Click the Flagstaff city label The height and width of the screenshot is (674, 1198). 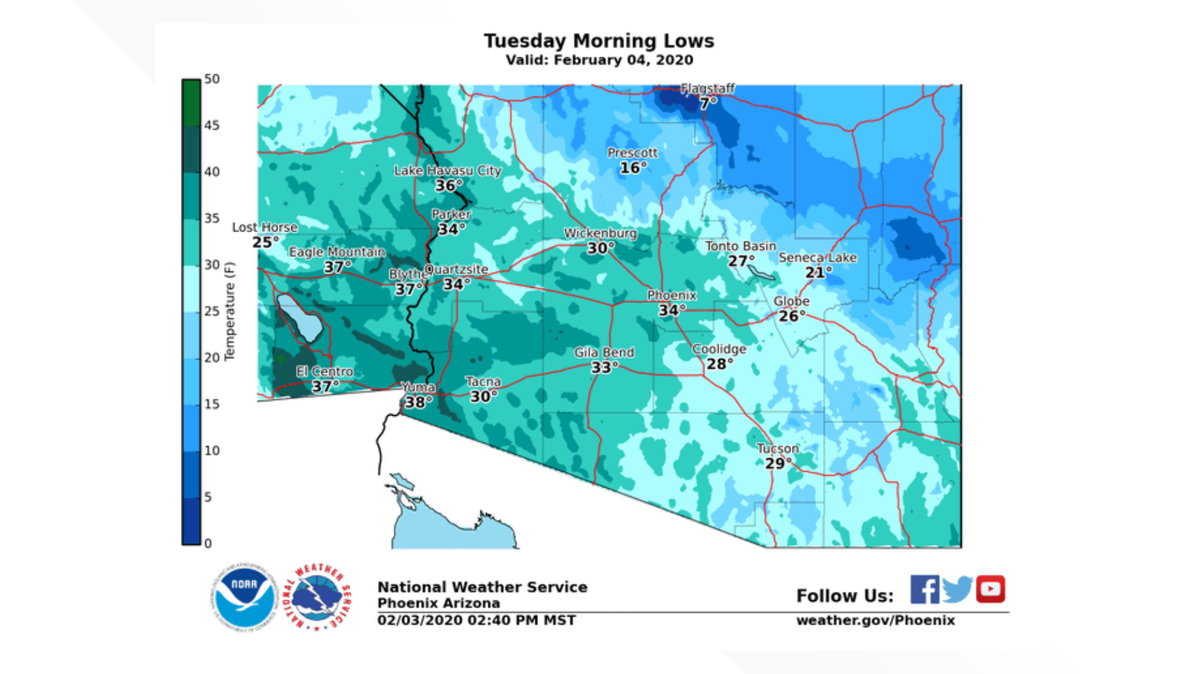coord(708,89)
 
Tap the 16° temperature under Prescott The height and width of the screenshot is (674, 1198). coord(633,168)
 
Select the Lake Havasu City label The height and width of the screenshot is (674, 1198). coord(447,170)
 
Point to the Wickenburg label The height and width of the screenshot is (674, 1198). coord(600,233)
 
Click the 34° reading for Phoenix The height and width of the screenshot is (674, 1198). coord(671,310)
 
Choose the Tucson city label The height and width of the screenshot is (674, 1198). coord(777,448)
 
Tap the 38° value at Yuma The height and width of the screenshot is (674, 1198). coord(418,403)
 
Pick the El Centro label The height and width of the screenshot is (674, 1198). coord(324,371)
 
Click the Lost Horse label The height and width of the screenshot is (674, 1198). coord(265,227)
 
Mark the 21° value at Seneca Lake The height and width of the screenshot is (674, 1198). coord(817,272)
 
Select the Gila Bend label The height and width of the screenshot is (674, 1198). coord(604,353)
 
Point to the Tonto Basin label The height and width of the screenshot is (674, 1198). coord(741,246)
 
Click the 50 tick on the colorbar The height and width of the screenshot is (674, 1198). coord(212,79)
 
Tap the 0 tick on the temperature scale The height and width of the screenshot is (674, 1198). coord(208,544)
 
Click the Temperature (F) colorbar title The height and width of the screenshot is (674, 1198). coord(230,311)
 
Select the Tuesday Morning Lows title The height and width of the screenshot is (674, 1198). coord(599,41)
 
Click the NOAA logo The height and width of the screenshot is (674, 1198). coord(244,597)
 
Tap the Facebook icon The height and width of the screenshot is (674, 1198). coord(924,589)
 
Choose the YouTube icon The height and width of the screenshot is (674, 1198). coord(990,589)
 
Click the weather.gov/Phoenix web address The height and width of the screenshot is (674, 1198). coord(875,620)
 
